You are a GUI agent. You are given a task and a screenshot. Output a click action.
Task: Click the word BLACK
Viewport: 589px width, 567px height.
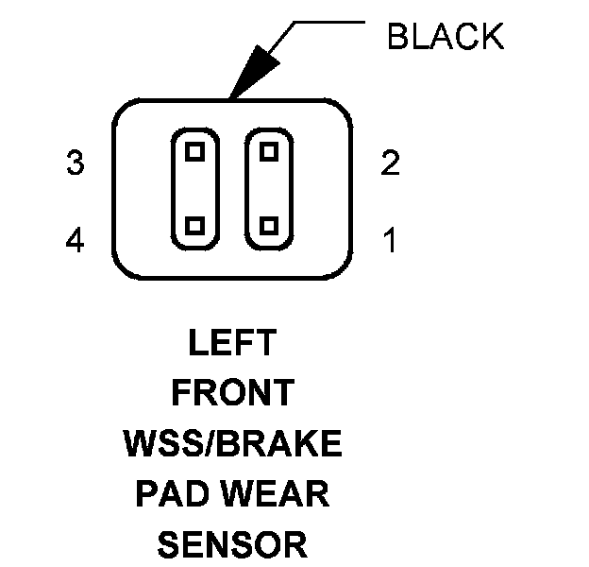click(446, 38)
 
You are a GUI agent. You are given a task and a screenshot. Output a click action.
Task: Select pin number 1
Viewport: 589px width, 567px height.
click(390, 242)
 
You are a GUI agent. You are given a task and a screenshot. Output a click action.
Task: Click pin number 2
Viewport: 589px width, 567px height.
click(390, 164)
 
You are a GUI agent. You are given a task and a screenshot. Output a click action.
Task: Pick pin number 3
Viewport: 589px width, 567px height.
click(76, 164)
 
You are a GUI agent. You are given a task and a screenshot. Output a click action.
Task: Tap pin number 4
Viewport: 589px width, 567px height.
click(76, 242)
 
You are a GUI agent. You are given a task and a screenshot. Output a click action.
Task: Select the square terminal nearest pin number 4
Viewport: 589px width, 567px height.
click(195, 226)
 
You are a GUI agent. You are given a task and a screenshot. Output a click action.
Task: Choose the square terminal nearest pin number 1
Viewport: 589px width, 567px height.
click(269, 226)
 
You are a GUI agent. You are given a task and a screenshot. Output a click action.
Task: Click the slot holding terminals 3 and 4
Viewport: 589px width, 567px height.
click(195, 188)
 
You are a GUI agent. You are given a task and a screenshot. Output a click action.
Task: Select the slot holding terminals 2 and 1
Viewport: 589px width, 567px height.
click(269, 188)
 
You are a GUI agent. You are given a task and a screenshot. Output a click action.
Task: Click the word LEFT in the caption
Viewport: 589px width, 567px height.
click(231, 342)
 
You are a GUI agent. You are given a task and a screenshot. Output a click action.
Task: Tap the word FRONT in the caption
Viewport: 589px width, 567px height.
click(231, 392)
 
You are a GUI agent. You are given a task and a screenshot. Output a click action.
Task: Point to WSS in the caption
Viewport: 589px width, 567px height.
click(159, 443)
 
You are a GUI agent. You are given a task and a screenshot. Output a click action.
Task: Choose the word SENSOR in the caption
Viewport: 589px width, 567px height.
click(231, 545)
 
